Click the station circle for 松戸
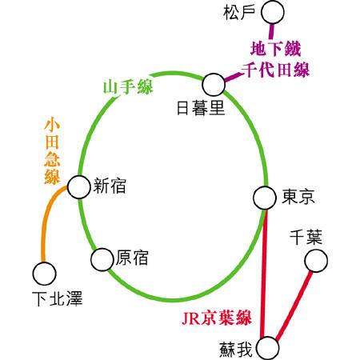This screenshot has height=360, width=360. [x=273, y=12]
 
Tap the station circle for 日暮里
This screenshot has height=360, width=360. [x=214, y=85]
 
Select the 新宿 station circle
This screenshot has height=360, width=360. [x=78, y=187]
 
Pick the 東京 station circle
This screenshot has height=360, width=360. [x=265, y=198]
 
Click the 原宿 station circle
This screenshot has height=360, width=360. [x=102, y=259]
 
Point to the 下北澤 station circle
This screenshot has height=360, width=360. [x=45, y=274]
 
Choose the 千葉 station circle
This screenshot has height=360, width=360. [x=316, y=261]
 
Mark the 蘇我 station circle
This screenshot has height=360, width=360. [x=268, y=348]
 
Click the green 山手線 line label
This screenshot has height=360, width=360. [x=128, y=86]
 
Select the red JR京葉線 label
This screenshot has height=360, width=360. [x=217, y=318]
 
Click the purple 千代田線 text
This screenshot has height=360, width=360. [x=275, y=70]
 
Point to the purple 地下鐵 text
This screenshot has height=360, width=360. [x=276, y=49]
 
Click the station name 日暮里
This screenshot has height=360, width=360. [x=201, y=108]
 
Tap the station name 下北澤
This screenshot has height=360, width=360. [x=58, y=298]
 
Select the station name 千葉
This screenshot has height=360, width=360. [x=306, y=238]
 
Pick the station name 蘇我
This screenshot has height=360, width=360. [x=236, y=350]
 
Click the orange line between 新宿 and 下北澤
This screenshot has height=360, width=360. [x=46, y=218]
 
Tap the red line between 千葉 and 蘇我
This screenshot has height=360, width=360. [x=294, y=305]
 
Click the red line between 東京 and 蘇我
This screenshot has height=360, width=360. [x=264, y=273]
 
